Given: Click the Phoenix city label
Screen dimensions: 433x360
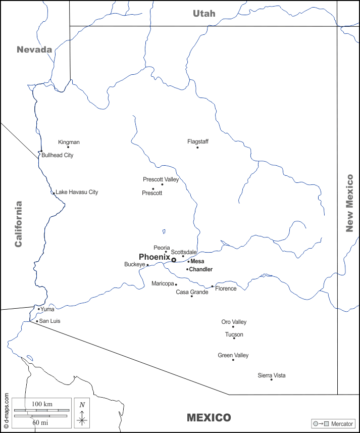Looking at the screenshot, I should click(x=154, y=257).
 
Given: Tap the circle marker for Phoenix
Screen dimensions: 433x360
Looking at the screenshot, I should click(x=174, y=260).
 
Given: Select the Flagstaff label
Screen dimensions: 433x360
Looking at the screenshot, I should click(x=198, y=141).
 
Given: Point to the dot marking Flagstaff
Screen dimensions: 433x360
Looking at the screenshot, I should click(x=197, y=148).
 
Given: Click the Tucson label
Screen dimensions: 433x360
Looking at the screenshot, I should click(x=234, y=334).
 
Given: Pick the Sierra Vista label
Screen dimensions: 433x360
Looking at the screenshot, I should click(x=272, y=375).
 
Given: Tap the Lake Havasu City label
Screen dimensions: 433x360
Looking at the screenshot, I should click(x=77, y=192).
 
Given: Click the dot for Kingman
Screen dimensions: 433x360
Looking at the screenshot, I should click(x=68, y=147).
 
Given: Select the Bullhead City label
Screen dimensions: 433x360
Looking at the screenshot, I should click(x=57, y=155).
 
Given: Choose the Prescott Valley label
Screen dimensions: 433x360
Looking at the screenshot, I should click(x=161, y=179).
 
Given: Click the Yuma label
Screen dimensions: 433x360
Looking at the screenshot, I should click(x=47, y=309).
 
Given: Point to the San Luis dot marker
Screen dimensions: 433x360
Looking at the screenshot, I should click(x=37, y=321).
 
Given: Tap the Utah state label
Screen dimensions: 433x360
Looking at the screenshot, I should click(x=204, y=14).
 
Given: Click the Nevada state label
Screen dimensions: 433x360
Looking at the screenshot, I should click(x=34, y=50).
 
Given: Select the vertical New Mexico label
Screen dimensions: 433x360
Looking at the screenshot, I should click(x=349, y=203).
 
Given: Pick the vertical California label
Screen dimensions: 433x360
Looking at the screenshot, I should click(x=19, y=224).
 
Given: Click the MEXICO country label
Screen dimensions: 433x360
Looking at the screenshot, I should click(x=209, y=418).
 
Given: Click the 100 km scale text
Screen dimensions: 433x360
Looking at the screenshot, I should click(x=42, y=405).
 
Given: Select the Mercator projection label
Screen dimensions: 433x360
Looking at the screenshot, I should click(x=342, y=423).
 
